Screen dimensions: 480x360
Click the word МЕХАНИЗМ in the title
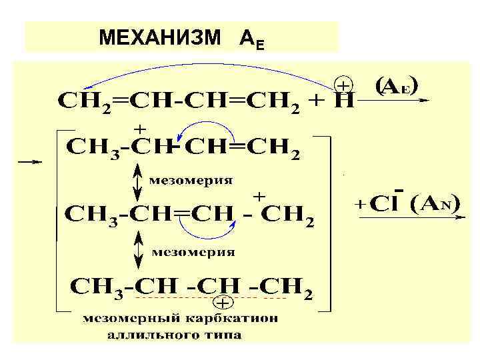pyautogui.click(x=159, y=39)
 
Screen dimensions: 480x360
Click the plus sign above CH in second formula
pyautogui.click(x=141, y=127)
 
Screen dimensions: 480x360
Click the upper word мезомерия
pyautogui.click(x=190, y=180)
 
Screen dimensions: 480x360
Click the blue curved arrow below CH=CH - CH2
pyautogui.click(x=207, y=231)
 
